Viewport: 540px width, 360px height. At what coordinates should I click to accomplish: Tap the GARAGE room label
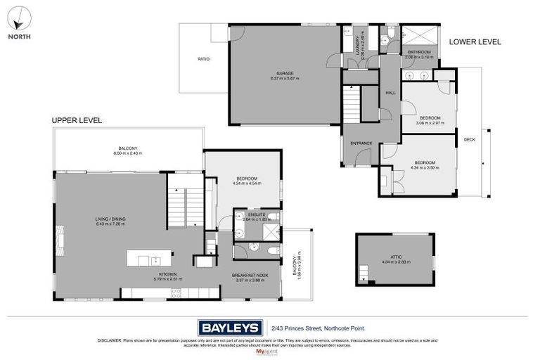click(x=284, y=72)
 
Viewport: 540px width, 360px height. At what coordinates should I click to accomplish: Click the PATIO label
click(x=203, y=59)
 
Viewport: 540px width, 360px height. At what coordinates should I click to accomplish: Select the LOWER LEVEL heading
click(x=475, y=42)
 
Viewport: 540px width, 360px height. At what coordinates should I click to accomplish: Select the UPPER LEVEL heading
click(x=77, y=121)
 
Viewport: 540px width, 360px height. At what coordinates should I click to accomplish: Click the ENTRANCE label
click(x=361, y=143)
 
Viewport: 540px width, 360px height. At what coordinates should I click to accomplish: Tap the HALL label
click(x=390, y=93)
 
